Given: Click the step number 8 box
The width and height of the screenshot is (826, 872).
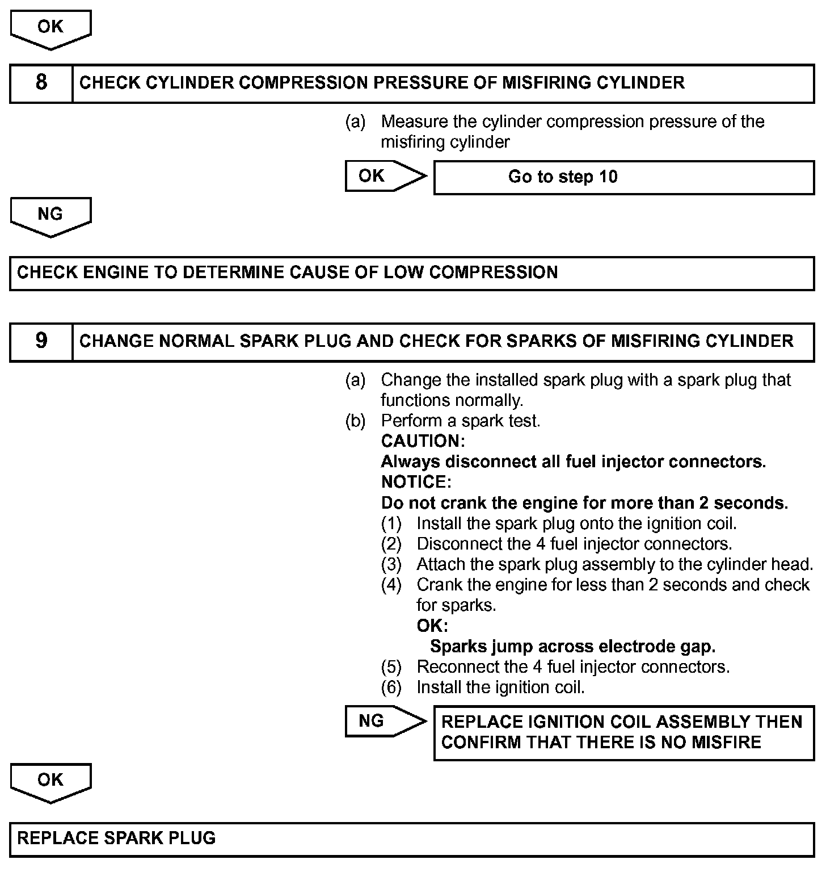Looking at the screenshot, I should (x=41, y=83).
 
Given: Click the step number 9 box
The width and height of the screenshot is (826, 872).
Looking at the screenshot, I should (x=41, y=341).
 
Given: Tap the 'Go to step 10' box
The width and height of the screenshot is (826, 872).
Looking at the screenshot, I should (x=623, y=177).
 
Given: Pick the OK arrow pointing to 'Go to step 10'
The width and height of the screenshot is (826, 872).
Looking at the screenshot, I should (x=385, y=176).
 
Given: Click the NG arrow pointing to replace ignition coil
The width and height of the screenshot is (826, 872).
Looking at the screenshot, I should (x=385, y=721).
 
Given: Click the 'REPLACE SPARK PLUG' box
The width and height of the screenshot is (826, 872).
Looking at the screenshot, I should (x=412, y=839).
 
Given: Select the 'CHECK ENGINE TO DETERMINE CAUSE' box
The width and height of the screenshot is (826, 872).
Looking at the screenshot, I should (x=412, y=272).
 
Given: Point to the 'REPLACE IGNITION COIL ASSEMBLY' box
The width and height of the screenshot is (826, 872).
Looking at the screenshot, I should (x=623, y=732).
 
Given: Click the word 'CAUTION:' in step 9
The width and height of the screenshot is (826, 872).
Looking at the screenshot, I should (x=423, y=441).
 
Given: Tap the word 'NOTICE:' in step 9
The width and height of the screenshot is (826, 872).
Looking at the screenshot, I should (x=416, y=482).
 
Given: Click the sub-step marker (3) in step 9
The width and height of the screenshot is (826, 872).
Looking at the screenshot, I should (x=391, y=564).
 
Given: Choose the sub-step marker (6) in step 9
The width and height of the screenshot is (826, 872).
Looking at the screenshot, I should (x=391, y=687).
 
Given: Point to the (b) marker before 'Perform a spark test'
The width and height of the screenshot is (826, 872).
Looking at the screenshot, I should (x=355, y=421).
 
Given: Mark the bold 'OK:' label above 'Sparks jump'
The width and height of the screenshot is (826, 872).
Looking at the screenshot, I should (x=432, y=626).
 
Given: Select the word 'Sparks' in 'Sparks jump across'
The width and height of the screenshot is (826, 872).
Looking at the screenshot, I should (x=457, y=647).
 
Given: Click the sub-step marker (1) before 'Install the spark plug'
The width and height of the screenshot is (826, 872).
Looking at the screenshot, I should (x=391, y=523).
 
